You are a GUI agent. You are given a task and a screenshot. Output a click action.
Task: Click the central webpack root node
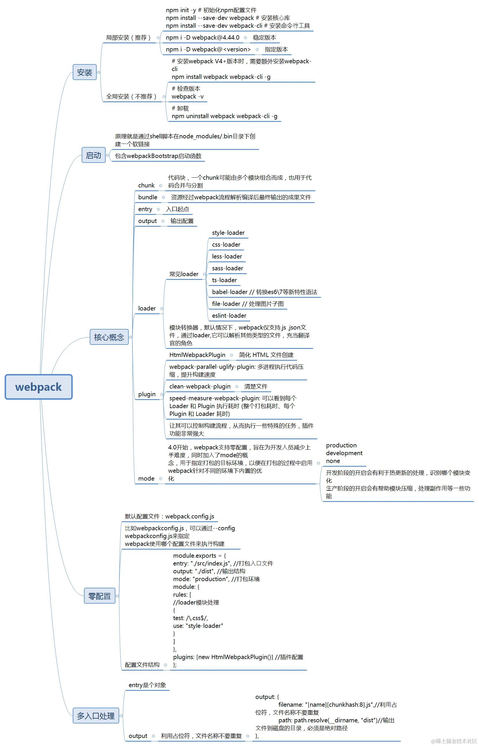pyautogui.click(x=39, y=387)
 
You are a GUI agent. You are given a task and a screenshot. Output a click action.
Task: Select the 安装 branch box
pyautogui.click(x=84, y=72)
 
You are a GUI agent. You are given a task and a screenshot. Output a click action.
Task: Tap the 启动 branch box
pyautogui.click(x=93, y=155)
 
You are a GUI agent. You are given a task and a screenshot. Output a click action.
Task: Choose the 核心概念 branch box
pyautogui.click(x=109, y=337)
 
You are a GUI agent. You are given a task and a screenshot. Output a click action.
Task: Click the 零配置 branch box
pyautogui.click(x=100, y=596)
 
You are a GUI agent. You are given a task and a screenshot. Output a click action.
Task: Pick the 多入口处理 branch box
pyautogui.click(x=96, y=716)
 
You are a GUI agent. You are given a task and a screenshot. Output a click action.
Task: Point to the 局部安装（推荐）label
pyautogui.click(x=128, y=38)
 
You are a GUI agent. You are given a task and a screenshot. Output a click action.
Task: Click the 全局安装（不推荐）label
pyautogui.click(x=131, y=96)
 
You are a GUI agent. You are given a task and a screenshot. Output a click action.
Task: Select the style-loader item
pyautogui.click(x=228, y=233)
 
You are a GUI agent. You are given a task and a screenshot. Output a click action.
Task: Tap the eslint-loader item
pyautogui.click(x=229, y=316)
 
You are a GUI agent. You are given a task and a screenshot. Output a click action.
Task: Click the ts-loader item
pyautogui.click(x=224, y=280)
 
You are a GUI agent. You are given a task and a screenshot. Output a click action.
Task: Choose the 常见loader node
pyautogui.click(x=184, y=274)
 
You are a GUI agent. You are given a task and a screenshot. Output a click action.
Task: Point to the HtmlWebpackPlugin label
pyautogui.click(x=197, y=355)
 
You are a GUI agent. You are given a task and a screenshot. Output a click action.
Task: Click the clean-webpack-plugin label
pyautogui.click(x=200, y=386)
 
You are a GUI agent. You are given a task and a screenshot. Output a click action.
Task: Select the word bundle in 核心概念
pyautogui.click(x=147, y=197)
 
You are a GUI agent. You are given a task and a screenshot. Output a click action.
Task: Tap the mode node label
pyautogui.click(x=146, y=479)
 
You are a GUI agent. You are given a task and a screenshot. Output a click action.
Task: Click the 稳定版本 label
pyautogui.click(x=264, y=38)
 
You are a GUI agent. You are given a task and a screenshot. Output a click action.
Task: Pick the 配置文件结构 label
pyautogui.click(x=142, y=665)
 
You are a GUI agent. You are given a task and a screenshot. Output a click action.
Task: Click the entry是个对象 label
pyautogui.click(x=147, y=685)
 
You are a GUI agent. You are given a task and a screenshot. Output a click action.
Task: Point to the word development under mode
pyautogui.click(x=344, y=453)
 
